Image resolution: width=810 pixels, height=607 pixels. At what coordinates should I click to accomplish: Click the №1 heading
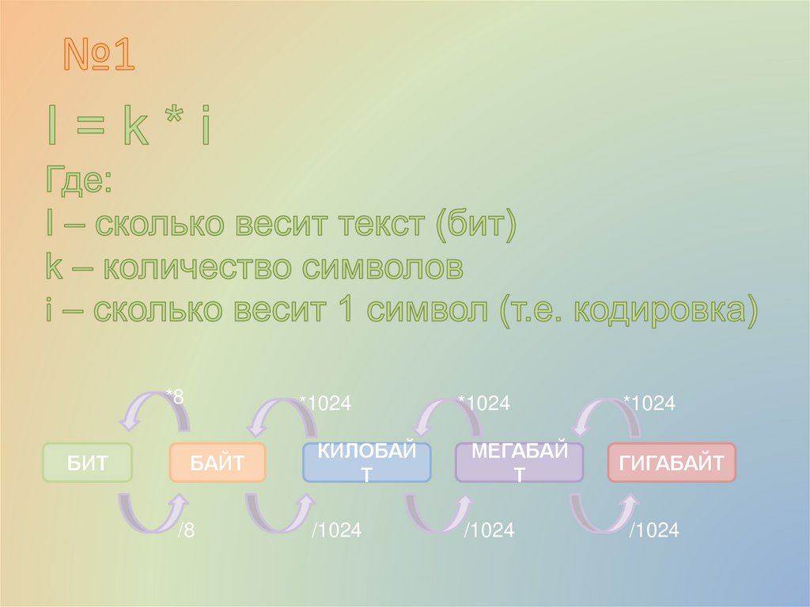[x=99, y=57]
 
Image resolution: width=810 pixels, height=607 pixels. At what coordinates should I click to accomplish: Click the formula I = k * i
[x=128, y=128]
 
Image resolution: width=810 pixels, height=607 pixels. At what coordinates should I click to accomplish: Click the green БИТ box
[x=86, y=463]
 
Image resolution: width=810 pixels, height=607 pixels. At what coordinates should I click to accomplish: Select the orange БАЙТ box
[x=217, y=463]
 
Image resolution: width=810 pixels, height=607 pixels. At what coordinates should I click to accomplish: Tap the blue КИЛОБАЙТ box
[x=366, y=463]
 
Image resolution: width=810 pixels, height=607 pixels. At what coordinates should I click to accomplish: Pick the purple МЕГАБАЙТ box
[x=519, y=463]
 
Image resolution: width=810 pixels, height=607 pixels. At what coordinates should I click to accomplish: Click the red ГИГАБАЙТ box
[x=671, y=463]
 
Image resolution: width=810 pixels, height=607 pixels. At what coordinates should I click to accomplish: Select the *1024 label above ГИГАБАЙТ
[x=649, y=404]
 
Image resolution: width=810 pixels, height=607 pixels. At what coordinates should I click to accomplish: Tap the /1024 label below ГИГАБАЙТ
[x=653, y=530]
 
